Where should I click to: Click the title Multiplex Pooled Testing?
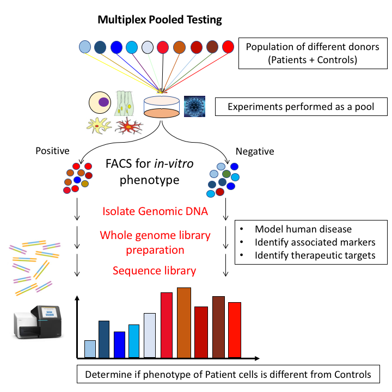tap(160, 20)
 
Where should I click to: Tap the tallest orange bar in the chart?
tap(184, 322)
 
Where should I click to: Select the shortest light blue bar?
tap(90, 349)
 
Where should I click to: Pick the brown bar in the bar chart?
tap(218, 327)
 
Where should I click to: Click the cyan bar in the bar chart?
tap(134, 341)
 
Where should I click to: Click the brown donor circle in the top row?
tap(212, 47)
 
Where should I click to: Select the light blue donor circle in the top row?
tap(85, 47)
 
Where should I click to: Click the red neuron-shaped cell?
tap(129, 126)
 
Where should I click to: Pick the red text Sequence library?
tap(155, 271)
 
